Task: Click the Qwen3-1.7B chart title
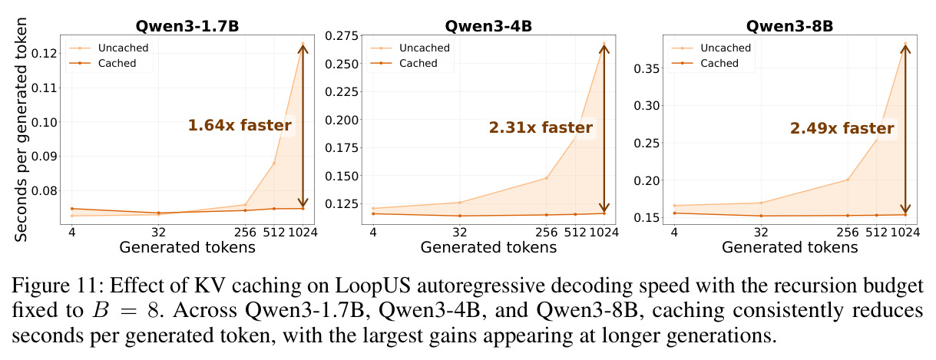187,26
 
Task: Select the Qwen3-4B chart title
488,26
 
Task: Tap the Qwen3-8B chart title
790,26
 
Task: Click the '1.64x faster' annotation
240,125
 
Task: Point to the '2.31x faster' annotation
541,127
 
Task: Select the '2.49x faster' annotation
842,127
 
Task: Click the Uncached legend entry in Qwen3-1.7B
108,48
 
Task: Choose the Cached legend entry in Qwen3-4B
404,63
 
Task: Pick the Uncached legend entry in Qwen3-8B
711,48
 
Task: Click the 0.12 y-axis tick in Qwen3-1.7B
45,54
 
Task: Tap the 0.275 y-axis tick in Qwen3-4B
342,36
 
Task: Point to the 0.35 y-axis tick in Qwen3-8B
647,68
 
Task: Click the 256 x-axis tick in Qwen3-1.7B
245,233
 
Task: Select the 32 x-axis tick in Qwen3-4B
460,233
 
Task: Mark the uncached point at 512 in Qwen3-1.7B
274,163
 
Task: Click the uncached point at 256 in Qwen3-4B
546,178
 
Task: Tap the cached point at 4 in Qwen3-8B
674,213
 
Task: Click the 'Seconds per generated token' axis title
21,130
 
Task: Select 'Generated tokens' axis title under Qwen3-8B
790,247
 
